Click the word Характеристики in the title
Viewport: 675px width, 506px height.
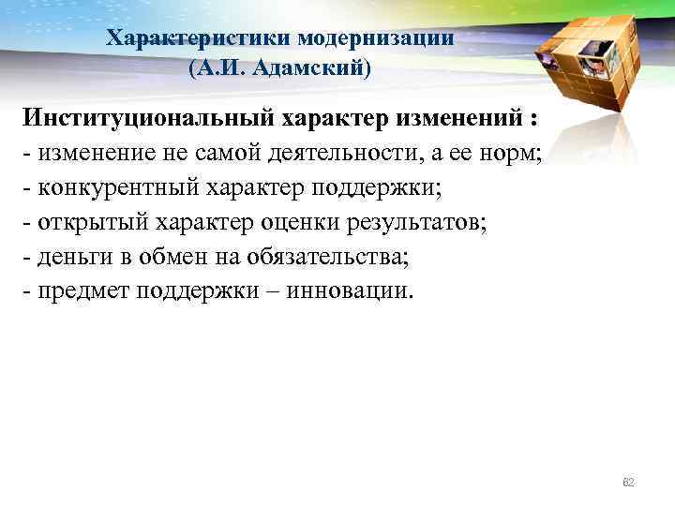(199, 38)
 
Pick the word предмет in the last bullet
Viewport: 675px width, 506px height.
(84, 289)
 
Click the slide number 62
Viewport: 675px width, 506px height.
(629, 482)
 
